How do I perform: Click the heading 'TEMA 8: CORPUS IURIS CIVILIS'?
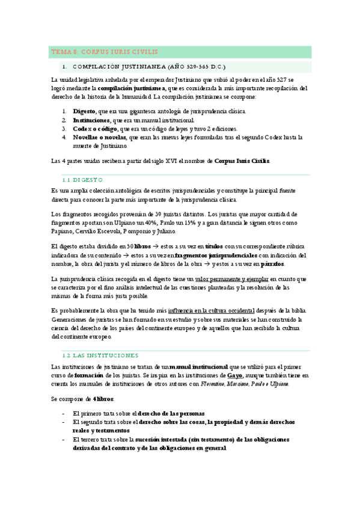click(103, 52)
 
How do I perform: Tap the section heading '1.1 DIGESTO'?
click(83, 179)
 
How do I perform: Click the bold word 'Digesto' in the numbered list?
click(84, 111)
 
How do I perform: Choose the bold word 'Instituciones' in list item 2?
click(91, 120)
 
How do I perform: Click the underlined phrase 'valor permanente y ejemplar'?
click(232, 279)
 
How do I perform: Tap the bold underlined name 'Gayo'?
click(235, 375)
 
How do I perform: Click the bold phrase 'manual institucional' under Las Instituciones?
click(199, 366)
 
